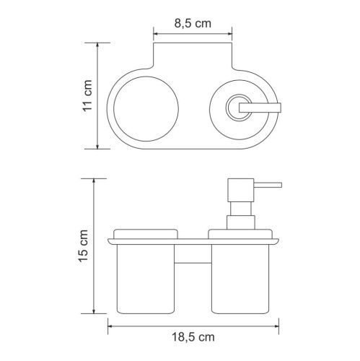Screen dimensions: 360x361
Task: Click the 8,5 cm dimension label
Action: tap(193, 23)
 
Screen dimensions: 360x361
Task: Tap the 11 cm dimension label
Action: tap(87, 95)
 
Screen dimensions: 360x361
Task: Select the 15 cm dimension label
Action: tap(84, 246)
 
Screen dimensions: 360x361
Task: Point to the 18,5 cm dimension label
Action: tap(193, 337)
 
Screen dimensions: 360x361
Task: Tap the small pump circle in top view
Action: tap(227, 108)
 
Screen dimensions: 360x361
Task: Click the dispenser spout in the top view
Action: tap(260, 108)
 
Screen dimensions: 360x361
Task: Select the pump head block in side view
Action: tap(241, 190)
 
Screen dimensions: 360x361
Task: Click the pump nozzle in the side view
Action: tap(268, 185)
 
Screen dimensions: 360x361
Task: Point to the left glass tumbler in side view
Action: tap(146, 279)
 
